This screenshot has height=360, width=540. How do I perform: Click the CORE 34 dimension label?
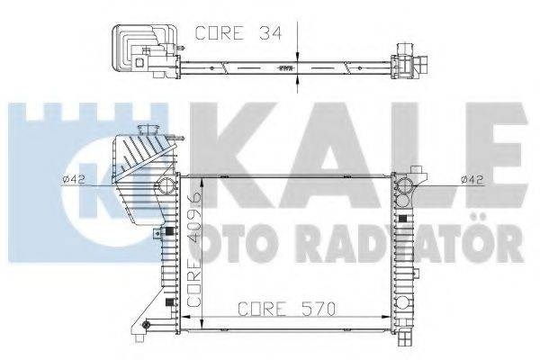pyautogui.click(x=238, y=33)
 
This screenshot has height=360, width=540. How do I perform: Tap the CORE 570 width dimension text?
pyautogui.click(x=286, y=309)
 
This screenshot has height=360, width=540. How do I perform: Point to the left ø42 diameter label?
pyautogui.click(x=74, y=179)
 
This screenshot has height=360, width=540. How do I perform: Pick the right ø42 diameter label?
pyautogui.click(x=472, y=179)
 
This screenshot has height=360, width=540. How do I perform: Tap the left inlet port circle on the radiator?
pyautogui.click(x=166, y=185)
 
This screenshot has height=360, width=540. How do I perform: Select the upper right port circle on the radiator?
pyautogui.click(x=402, y=185)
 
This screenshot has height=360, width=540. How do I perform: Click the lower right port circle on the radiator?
pyautogui.click(x=402, y=303)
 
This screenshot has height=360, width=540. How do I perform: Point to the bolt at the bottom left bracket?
pyautogui.click(x=146, y=324)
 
